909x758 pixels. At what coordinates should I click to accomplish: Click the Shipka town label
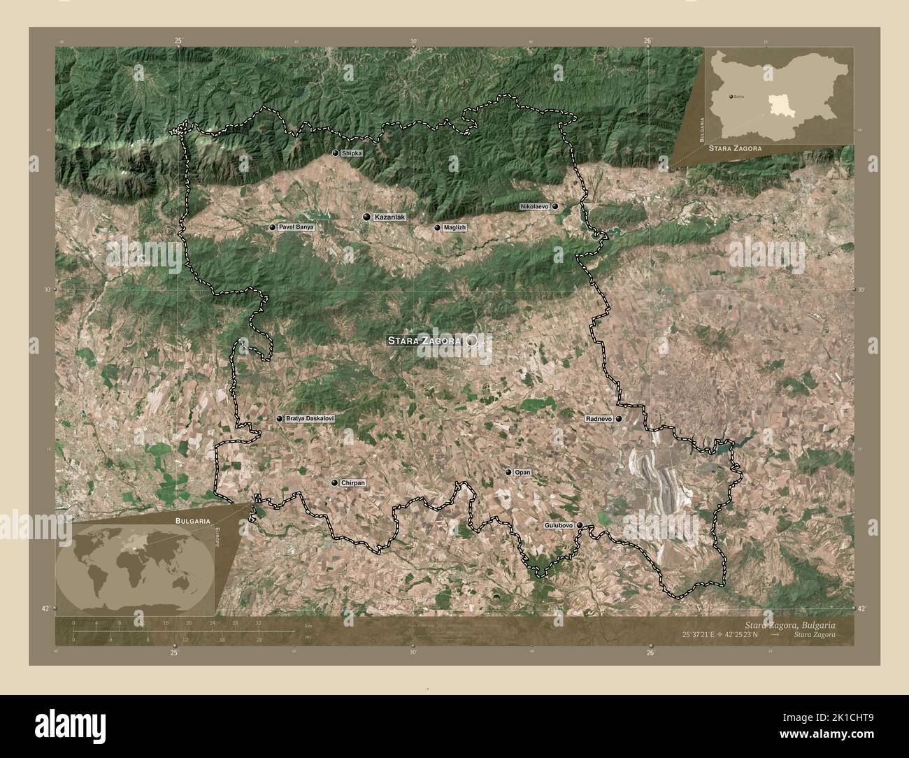352,153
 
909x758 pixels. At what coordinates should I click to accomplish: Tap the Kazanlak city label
389,217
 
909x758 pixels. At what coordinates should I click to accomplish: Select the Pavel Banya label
296,228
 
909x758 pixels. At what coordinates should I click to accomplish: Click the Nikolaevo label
534,207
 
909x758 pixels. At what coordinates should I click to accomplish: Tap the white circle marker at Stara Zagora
473,341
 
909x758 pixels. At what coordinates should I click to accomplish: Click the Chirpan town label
353,483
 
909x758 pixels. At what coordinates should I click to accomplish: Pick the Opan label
522,473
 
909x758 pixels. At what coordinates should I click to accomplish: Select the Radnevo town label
599,419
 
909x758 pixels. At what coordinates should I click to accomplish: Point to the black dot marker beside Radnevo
619,419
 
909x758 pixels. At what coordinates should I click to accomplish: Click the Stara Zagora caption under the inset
734,149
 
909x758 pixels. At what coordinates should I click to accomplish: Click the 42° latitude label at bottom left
45,609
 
